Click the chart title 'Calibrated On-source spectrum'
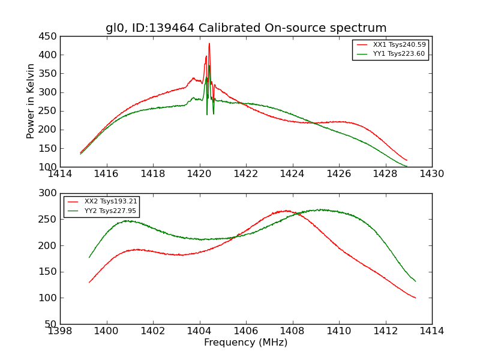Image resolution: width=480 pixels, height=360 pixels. pos(246,28)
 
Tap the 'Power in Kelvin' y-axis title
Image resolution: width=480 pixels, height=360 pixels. pos(31,102)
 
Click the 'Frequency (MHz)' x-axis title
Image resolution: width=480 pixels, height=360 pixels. pos(246,343)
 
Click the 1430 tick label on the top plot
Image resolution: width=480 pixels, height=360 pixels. pos(432,174)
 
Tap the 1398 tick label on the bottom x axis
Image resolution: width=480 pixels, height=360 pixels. pos(60,331)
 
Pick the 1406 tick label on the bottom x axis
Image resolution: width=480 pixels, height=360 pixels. pos(246,331)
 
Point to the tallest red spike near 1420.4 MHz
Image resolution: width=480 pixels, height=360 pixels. pos(209,44)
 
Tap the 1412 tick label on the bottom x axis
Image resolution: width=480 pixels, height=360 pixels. pos(385,331)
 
